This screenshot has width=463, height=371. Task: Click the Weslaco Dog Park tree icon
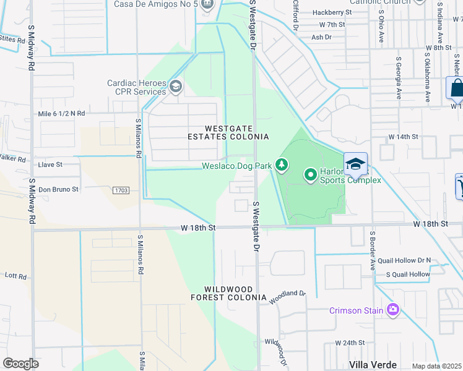282,164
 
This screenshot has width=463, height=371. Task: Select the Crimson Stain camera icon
392,310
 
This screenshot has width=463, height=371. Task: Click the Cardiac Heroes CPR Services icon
175,87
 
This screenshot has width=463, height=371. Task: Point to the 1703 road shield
121,190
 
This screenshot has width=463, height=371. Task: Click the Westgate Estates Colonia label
228,132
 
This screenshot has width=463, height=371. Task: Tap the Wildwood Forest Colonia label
229,294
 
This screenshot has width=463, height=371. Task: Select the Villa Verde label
373,365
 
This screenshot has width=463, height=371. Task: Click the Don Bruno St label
59,189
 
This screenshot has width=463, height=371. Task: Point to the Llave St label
51,165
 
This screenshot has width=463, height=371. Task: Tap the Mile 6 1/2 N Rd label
61,114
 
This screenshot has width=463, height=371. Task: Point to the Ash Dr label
322,37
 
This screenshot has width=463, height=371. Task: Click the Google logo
20,364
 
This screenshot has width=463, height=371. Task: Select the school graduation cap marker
356,163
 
